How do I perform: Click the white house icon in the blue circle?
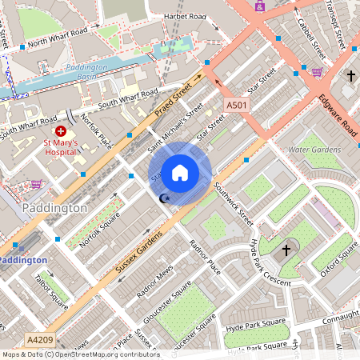point(180,173)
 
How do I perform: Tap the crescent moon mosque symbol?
point(166,198)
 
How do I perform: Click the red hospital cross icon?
point(61,130)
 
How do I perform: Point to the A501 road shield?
point(236,106)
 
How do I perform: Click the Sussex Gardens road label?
point(139,251)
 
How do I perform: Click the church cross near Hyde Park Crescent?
point(286,251)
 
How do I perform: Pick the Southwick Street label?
point(234,203)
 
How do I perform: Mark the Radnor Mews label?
point(154,282)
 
